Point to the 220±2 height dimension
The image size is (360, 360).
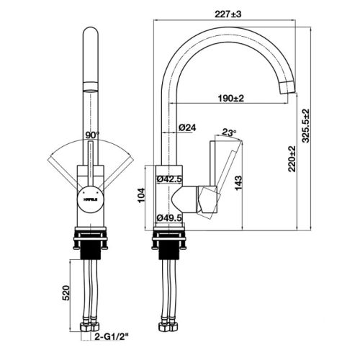[291, 160]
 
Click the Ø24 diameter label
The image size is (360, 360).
[188, 127]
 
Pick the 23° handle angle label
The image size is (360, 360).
[229, 132]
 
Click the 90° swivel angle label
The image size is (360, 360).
[91, 135]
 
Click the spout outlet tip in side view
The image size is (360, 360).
[285, 87]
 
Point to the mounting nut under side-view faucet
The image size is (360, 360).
[173, 245]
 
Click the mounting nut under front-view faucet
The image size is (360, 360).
[90, 245]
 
